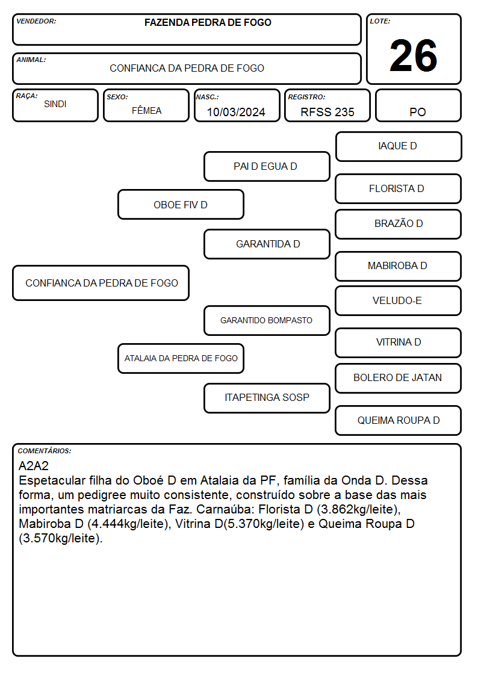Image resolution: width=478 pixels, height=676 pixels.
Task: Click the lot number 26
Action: tap(414, 55)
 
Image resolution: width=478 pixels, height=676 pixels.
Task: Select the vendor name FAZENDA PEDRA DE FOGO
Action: tap(208, 22)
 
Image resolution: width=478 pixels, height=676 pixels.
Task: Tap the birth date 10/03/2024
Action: tap(236, 112)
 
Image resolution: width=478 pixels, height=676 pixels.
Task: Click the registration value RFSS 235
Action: tap(327, 112)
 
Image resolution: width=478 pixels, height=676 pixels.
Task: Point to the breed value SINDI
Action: tap(55, 104)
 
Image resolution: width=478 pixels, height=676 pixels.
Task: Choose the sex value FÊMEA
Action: tap(146, 110)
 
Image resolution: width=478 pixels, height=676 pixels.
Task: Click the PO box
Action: tap(418, 105)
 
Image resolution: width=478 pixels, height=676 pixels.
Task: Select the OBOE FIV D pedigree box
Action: tap(181, 204)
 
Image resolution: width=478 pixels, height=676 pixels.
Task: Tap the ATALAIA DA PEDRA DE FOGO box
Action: tap(181, 358)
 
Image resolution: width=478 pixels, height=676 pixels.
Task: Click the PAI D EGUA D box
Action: tap(267, 166)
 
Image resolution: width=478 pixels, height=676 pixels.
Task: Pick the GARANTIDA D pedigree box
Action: tap(267, 244)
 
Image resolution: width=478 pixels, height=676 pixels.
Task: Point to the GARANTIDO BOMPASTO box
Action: tap(267, 320)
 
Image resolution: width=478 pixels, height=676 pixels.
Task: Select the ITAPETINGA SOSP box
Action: tap(267, 398)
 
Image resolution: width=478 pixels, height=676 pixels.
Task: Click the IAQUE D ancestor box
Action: tap(399, 147)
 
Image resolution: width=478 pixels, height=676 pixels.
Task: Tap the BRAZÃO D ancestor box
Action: tap(399, 224)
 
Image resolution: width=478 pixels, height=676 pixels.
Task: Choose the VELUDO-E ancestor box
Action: tap(399, 300)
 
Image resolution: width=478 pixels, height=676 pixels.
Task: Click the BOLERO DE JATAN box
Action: tap(399, 378)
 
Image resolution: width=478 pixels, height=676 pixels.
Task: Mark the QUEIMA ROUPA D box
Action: tap(399, 420)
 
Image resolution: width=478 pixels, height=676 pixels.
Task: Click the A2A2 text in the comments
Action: tap(34, 466)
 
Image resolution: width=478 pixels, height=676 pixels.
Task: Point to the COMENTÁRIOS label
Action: tap(45, 451)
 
